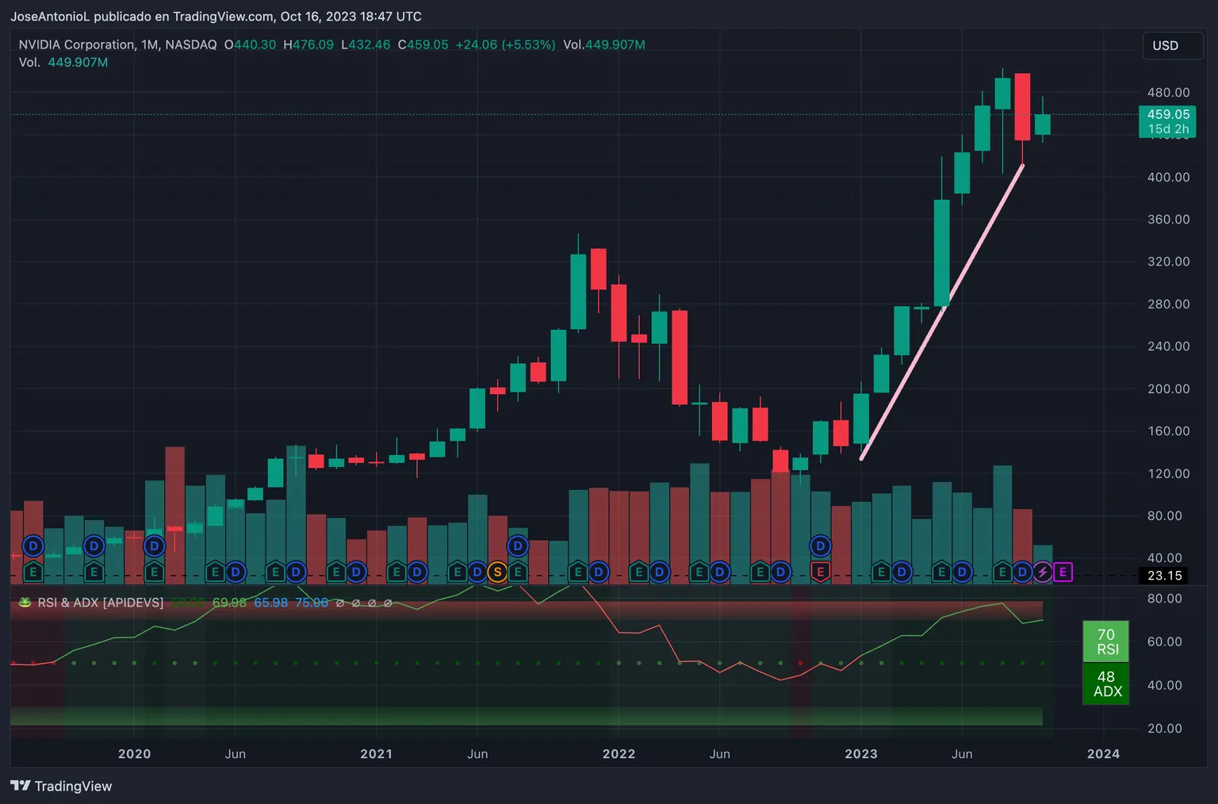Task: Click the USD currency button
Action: pos(1165,46)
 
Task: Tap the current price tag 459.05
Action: pos(1167,115)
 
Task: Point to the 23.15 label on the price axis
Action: pos(1164,576)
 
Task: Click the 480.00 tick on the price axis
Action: pos(1168,93)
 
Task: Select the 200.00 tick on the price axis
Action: pos(1168,389)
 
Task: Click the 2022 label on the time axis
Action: pos(619,754)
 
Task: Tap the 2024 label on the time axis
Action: pos(1103,754)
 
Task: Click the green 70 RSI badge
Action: pos(1105,641)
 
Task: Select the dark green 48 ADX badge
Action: pos(1105,683)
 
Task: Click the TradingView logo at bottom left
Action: pos(61,786)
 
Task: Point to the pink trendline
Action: pos(942,311)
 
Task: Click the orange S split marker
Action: pos(497,572)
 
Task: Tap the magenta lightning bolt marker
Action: pos(1042,572)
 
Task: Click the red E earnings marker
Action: pos(821,572)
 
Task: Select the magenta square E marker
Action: pos(1063,572)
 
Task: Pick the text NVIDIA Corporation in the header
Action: pos(77,45)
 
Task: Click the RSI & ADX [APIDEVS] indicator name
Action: pos(101,603)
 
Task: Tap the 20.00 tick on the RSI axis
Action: pos(1164,729)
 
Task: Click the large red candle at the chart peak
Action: pos(1022,107)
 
